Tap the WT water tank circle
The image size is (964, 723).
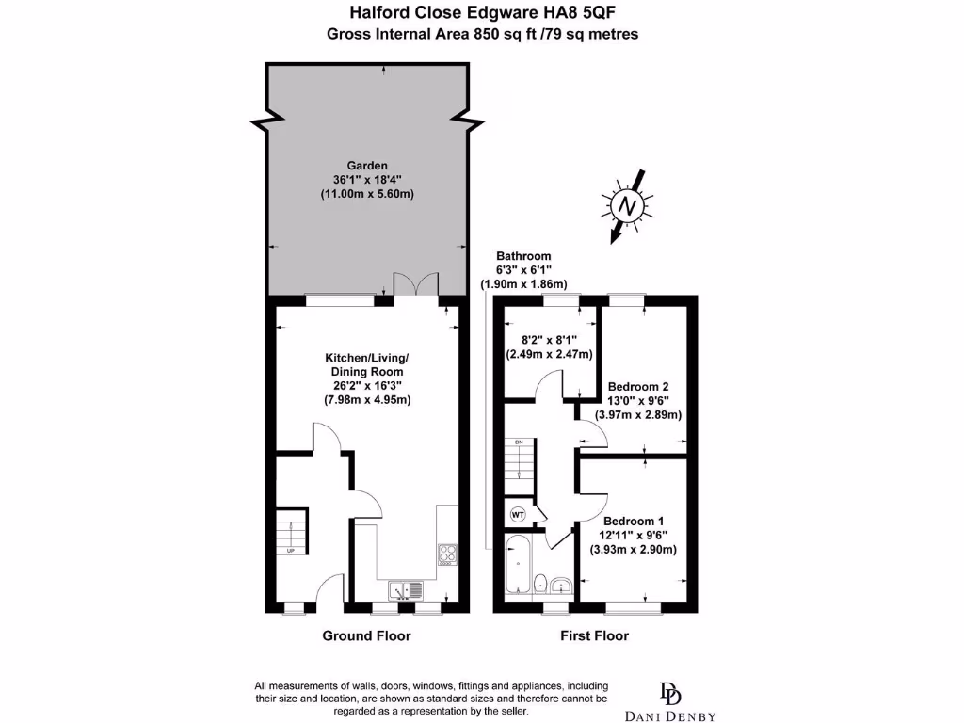coord(518,514)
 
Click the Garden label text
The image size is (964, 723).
coord(366,164)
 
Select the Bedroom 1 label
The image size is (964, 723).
coord(634,522)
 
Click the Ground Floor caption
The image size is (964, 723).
coord(366,636)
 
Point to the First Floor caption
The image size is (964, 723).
coord(594,636)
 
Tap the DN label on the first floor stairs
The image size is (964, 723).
coord(518,442)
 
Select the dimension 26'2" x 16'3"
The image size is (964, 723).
coord(366,386)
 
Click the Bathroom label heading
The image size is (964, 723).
coord(523,256)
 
